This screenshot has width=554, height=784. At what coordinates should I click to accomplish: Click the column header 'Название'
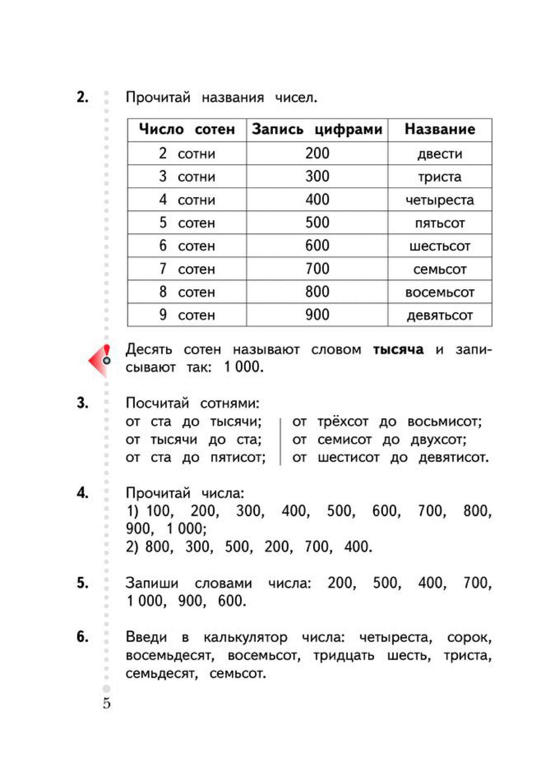[440, 129]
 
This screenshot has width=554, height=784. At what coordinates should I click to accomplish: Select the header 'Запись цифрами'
[317, 129]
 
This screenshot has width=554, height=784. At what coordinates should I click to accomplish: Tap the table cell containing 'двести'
[440, 154]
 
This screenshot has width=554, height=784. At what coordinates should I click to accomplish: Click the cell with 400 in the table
[317, 200]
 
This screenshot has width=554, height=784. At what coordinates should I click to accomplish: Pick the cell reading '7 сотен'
[187, 269]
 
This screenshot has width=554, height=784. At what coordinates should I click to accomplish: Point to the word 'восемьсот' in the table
[440, 292]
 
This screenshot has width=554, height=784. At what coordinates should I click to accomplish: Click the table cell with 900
[317, 315]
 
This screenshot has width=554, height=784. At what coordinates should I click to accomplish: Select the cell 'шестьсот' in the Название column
[440, 246]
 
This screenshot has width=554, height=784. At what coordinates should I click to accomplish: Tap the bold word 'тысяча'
[398, 349]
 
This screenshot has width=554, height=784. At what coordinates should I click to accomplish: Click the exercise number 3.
[82, 403]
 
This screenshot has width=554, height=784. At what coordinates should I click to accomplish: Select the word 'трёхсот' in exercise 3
[343, 421]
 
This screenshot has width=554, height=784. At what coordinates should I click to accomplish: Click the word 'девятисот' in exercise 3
[453, 457]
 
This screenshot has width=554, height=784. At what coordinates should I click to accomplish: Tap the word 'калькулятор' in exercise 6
[245, 637]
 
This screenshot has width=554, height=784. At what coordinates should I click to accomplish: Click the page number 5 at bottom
[107, 704]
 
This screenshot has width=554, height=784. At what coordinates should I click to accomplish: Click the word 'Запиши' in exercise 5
[152, 583]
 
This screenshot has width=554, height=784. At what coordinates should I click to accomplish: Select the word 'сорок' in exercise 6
[469, 637]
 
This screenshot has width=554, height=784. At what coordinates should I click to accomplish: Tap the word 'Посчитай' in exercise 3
[157, 403]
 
